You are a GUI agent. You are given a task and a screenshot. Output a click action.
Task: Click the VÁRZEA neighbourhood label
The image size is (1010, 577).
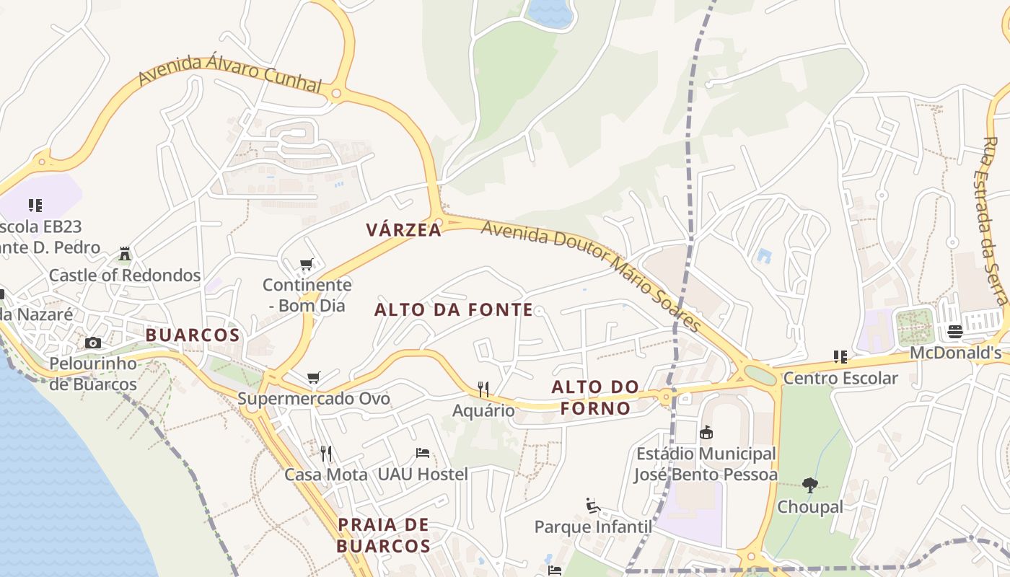pyautogui.click(x=403, y=230)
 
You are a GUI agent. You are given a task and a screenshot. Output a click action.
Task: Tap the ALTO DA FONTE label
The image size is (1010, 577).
pyautogui.click(x=454, y=310)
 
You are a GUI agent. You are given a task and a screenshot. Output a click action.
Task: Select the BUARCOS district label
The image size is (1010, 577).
pyautogui.click(x=193, y=335)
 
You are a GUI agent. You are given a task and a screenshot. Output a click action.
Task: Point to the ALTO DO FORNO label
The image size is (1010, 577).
pyautogui.click(x=595, y=397)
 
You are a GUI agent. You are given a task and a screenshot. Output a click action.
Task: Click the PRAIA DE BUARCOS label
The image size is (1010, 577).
pyautogui.click(x=383, y=535)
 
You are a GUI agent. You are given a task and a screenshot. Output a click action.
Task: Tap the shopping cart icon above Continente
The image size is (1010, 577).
pyautogui.click(x=307, y=264)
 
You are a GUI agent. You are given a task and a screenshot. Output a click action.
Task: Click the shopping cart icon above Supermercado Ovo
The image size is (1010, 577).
pyautogui.click(x=313, y=377)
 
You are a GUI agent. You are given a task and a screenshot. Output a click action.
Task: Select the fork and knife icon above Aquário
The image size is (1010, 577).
pyautogui.click(x=483, y=389)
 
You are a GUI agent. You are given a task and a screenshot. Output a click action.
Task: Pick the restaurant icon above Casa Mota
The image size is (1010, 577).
pyautogui.click(x=326, y=453)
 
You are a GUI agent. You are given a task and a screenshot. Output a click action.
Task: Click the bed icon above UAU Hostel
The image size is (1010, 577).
pyautogui.click(x=423, y=453)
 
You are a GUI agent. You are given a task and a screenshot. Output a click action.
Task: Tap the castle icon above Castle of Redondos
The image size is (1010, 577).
pyautogui.click(x=125, y=254)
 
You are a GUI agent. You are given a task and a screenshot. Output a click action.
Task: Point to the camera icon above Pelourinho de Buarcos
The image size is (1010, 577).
pyautogui.click(x=92, y=343)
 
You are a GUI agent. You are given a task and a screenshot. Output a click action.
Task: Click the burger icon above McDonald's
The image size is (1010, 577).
pyautogui.click(x=955, y=332)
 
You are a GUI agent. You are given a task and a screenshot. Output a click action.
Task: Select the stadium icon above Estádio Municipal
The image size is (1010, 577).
pyautogui.click(x=706, y=432)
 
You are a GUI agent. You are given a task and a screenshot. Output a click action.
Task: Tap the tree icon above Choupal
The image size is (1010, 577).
pyautogui.click(x=810, y=485)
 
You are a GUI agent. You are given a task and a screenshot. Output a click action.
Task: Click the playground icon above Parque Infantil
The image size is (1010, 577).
pyautogui.click(x=593, y=506)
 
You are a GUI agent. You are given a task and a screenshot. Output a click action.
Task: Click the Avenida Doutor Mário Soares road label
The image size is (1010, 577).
pyautogui.click(x=592, y=275)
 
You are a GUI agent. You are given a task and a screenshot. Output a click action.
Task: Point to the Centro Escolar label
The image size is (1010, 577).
pyautogui.click(x=840, y=378)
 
